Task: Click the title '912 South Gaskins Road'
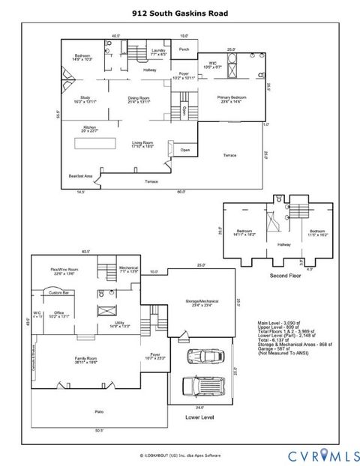pyautogui.click(x=179, y=13)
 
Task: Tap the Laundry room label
pyautogui.click(x=158, y=52)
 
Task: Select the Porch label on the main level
pyautogui.click(x=184, y=49)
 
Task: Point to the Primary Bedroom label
pyautogui.click(x=232, y=98)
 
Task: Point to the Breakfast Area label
pyautogui.click(x=80, y=176)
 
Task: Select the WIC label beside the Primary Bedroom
pyautogui.click(x=213, y=64)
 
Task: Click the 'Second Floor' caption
pyautogui.click(x=285, y=276)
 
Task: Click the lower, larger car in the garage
pyautogui.click(x=203, y=387)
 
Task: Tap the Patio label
pyautogui.click(x=99, y=411)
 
